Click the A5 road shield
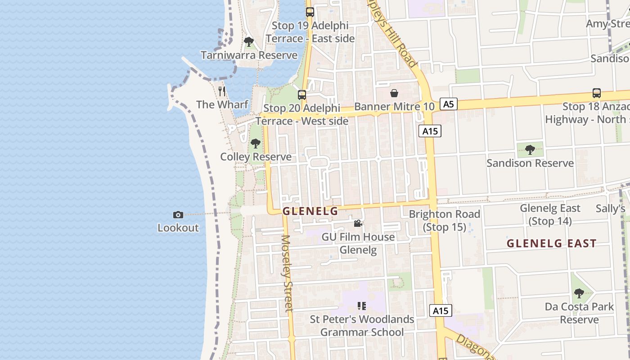tap(448, 104)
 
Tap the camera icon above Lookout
tap(178, 215)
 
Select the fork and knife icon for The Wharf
tap(222, 91)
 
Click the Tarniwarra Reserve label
tap(249, 55)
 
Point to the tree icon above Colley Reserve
tap(256, 144)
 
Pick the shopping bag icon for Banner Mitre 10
tap(394, 93)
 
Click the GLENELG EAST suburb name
tap(551, 243)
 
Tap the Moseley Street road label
tap(287, 273)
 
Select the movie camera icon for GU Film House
tap(358, 224)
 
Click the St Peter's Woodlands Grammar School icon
tap(362, 306)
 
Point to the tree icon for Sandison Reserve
tap(530, 150)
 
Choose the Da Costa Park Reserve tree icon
tap(579, 294)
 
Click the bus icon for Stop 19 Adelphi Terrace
tap(310, 12)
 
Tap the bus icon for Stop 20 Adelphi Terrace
tap(302, 95)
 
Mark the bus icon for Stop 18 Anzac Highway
tap(597, 93)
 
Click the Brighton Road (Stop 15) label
tap(444, 220)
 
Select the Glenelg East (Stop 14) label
tap(550, 215)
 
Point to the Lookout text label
tap(178, 228)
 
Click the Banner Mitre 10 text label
tap(394, 107)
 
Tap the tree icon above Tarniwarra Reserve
tap(248, 42)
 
